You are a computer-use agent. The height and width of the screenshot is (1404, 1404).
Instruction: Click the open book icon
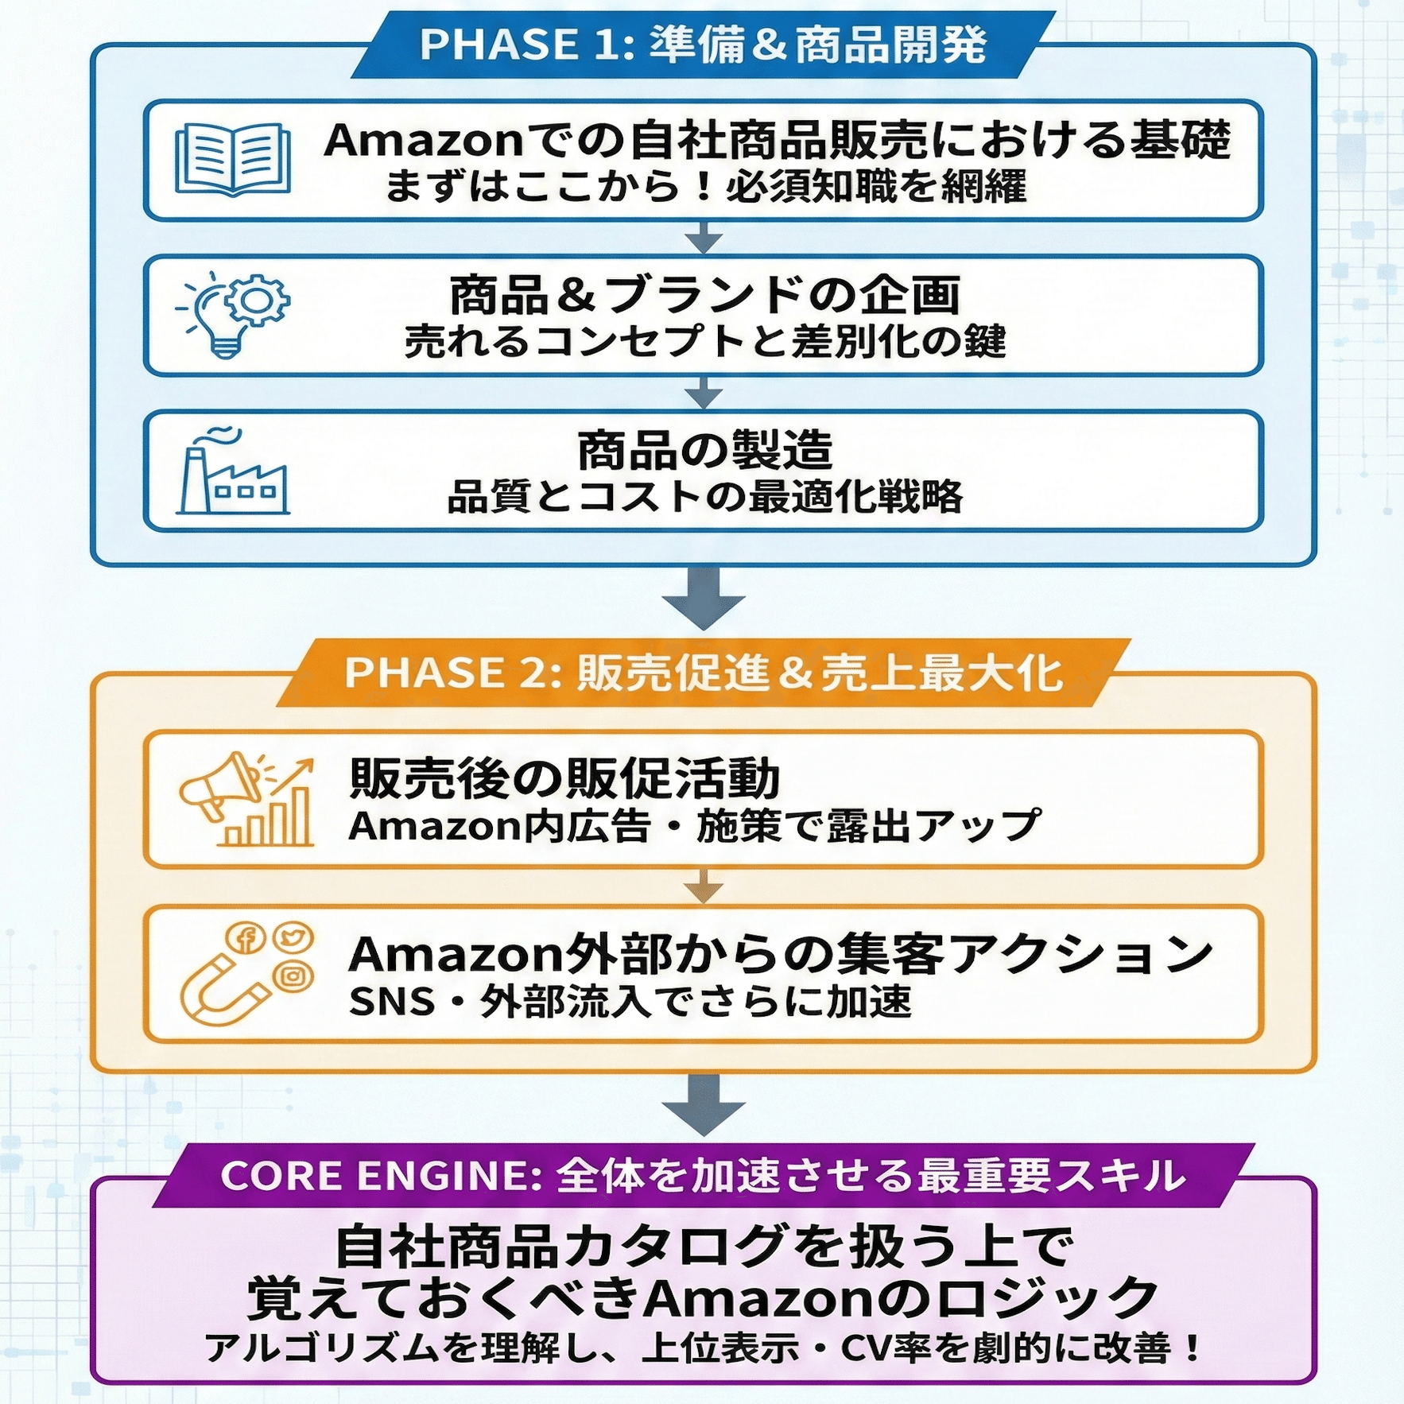click(233, 159)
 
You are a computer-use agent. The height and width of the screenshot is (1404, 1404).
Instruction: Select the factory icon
click(232, 472)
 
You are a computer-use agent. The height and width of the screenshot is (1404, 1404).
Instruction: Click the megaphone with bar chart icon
click(246, 799)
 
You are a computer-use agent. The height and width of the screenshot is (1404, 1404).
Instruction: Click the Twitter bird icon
click(293, 937)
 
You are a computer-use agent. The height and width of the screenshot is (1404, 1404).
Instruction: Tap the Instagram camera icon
click(293, 975)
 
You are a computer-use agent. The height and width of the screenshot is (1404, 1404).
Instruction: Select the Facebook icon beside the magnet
click(246, 939)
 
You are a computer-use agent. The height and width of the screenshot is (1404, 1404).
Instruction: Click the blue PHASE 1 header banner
click(703, 45)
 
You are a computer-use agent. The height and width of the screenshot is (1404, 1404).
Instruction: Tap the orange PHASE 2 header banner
click(703, 673)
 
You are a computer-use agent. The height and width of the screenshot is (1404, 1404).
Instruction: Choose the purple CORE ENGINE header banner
click(703, 1176)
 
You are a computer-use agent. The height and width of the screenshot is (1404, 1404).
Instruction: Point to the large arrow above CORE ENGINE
click(703, 1105)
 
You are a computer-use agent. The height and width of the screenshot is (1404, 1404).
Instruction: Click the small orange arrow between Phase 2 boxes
click(703, 886)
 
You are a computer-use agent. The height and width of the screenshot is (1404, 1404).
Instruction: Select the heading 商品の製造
click(704, 450)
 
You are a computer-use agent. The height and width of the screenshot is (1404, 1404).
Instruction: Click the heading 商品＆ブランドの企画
click(704, 295)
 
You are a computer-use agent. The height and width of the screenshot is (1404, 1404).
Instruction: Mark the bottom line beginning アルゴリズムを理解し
click(703, 1348)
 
